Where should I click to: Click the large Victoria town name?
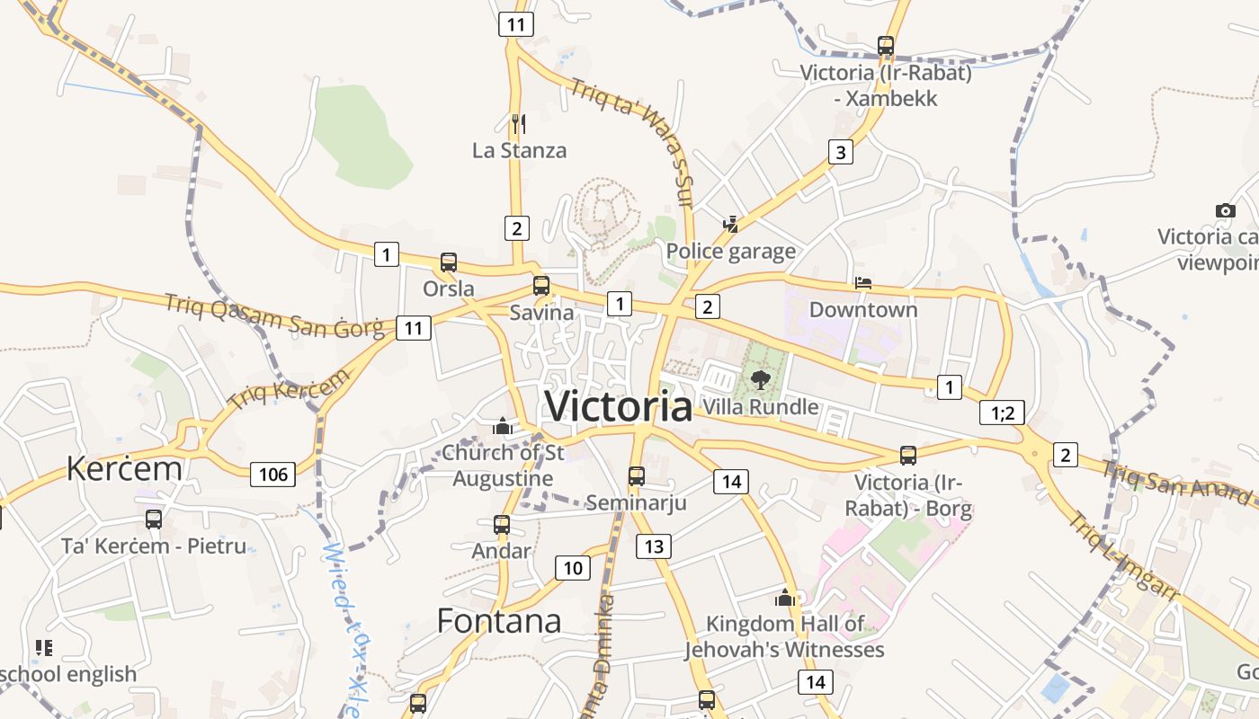(x=619, y=406)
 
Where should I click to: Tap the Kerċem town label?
(x=124, y=468)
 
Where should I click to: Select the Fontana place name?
(x=499, y=620)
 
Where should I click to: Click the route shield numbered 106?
(x=272, y=474)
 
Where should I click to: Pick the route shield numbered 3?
(x=840, y=152)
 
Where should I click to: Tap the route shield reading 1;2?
(x=1002, y=413)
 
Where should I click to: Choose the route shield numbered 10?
(x=573, y=567)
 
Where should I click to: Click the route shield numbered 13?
(x=654, y=546)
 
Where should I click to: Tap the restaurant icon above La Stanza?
(x=518, y=122)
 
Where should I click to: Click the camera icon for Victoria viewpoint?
(x=1225, y=210)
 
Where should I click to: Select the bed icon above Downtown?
(x=863, y=283)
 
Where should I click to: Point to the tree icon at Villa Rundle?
(x=761, y=379)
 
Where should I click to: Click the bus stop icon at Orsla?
(x=448, y=262)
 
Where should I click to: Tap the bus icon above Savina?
(x=540, y=286)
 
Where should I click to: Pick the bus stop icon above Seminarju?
(x=637, y=475)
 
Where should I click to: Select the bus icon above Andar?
(x=502, y=524)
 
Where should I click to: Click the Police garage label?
(x=731, y=251)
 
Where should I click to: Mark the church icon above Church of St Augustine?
(x=503, y=425)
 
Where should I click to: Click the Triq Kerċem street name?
(x=289, y=389)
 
